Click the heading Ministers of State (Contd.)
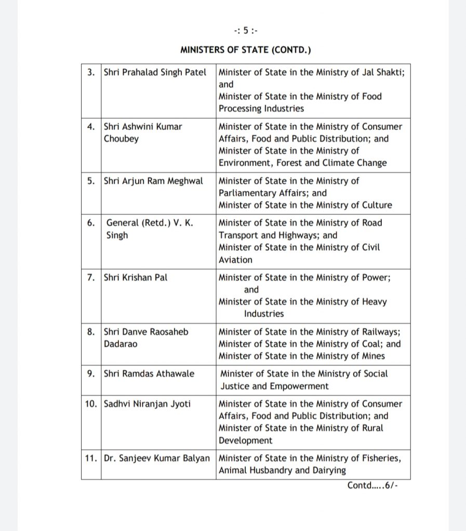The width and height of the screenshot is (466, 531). click(245, 50)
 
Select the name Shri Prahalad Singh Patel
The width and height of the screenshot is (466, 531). click(155, 72)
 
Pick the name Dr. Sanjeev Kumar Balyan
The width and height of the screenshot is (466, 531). click(158, 458)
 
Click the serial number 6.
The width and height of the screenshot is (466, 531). click(90, 223)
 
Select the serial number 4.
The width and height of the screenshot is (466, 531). click(90, 127)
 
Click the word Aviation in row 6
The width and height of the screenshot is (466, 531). click(235, 260)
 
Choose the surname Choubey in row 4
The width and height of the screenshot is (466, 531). click(121, 138)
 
